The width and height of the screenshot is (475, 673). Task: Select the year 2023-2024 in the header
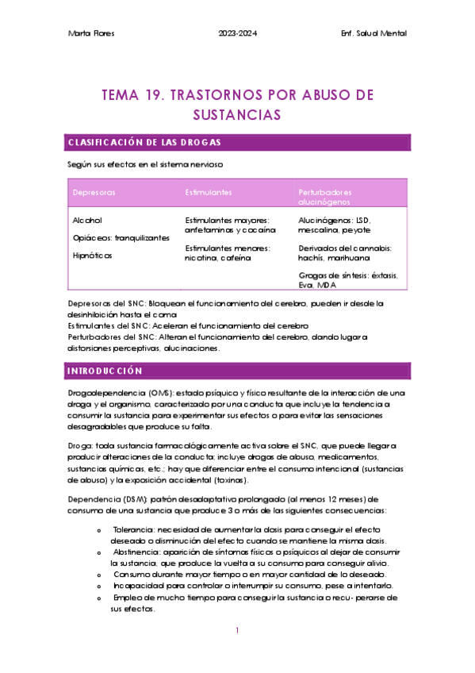237,33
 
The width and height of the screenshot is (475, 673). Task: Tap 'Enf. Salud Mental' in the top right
373,33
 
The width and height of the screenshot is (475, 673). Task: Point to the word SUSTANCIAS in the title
237,115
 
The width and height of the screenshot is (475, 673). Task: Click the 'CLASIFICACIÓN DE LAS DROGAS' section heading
144,142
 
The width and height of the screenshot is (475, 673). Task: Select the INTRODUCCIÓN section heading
105,371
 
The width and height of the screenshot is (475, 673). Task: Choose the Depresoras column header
94,193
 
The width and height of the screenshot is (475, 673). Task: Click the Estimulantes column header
209,193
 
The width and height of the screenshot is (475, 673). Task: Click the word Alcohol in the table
87,220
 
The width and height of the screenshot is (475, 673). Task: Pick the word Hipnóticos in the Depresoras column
92,256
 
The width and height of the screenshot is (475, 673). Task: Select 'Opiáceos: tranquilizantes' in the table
121,238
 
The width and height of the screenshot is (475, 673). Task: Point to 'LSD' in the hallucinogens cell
362,220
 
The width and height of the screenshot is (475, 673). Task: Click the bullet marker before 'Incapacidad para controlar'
98,585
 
